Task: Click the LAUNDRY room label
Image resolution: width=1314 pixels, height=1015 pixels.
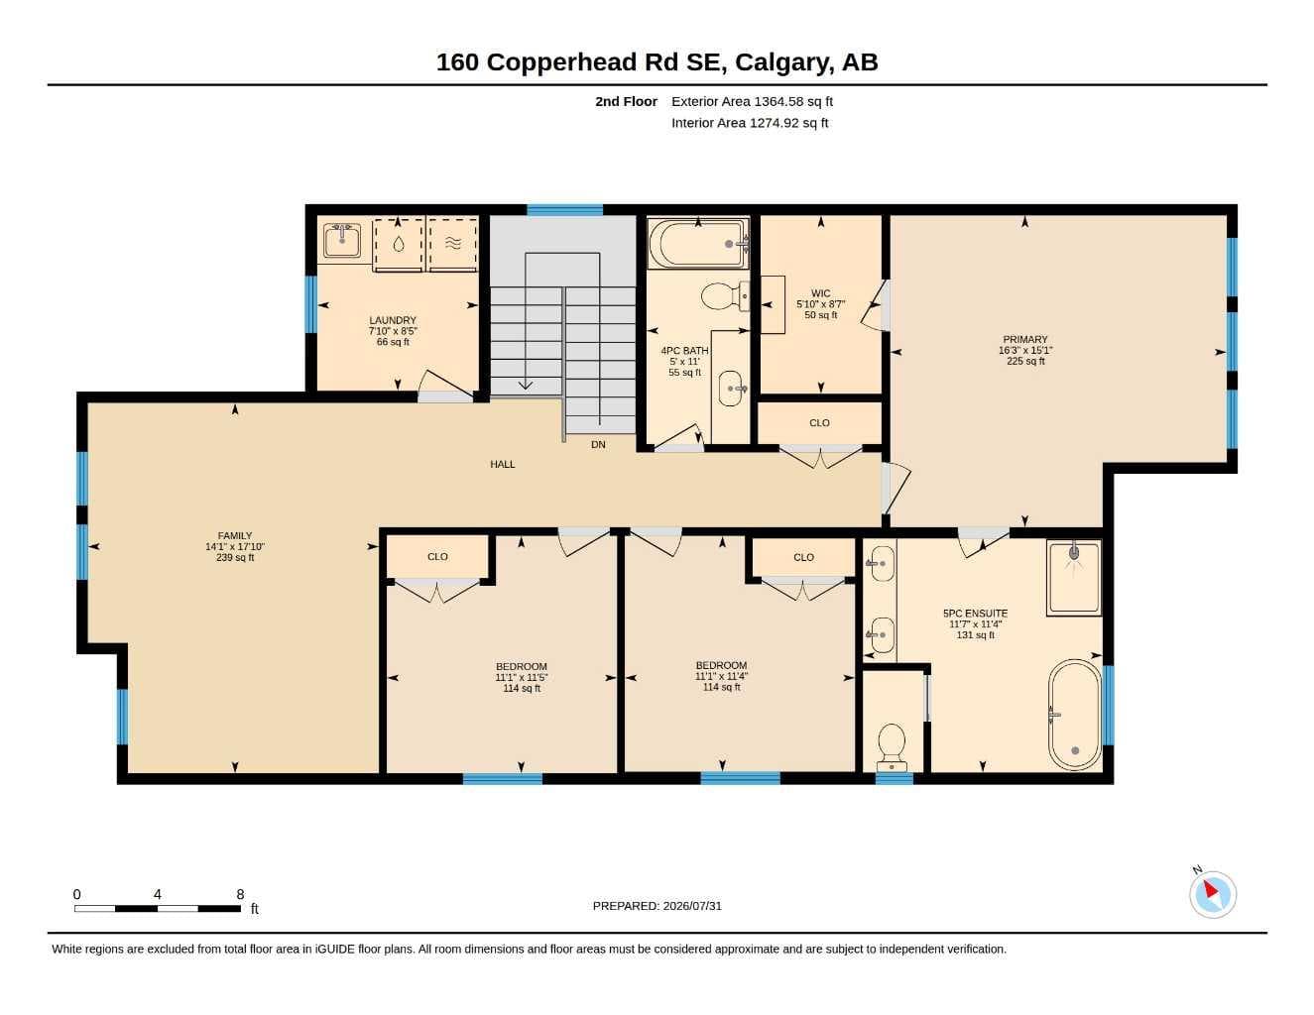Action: [393, 320]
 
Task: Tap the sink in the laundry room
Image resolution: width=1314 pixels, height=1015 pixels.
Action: [342, 241]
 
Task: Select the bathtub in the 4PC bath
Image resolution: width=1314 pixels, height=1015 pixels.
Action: [698, 244]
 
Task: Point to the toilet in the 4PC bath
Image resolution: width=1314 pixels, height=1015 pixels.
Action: [725, 295]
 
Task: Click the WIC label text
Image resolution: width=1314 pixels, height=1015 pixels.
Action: [820, 293]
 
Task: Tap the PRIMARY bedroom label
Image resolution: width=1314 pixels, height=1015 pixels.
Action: [1025, 340]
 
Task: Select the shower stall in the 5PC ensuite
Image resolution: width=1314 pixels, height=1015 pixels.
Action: [1074, 578]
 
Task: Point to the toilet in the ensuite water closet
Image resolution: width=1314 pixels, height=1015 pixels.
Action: [892, 747]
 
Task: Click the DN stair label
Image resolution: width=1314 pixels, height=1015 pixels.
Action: [598, 445]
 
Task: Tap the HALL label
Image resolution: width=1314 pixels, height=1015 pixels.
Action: [503, 464]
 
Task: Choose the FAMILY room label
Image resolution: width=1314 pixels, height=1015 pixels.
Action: [235, 536]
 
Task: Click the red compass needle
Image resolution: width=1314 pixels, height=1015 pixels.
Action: [1211, 890]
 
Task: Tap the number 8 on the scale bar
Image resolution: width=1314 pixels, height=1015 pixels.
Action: [240, 894]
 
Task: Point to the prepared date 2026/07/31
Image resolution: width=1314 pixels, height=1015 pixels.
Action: [692, 906]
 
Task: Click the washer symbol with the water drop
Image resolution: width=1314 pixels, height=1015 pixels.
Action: [398, 244]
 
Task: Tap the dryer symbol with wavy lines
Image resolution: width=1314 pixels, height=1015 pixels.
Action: [453, 244]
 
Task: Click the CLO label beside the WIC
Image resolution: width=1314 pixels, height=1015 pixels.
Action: [819, 423]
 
